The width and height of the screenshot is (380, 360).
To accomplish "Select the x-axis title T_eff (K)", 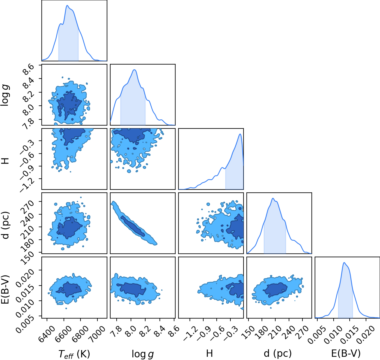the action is [x=74, y=354].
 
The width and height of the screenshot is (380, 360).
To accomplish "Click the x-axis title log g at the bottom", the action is [x=143, y=354].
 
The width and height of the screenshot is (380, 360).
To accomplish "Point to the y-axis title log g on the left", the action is [x=5, y=95].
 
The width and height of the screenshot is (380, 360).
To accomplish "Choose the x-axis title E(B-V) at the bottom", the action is [x=346, y=353].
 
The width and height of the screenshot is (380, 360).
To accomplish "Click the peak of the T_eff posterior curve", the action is [x=67, y=6].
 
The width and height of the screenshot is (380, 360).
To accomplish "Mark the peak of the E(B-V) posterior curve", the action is [x=344, y=263].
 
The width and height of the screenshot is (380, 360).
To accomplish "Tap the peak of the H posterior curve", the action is [x=240, y=134].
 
